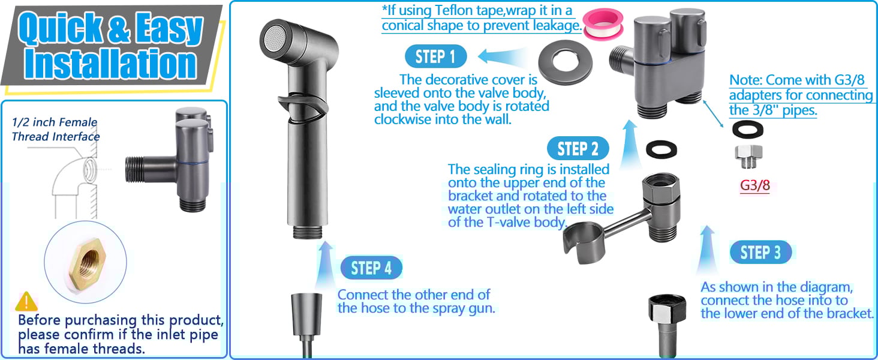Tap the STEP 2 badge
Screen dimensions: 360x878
point(578,149)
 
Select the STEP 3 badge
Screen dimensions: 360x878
point(760,253)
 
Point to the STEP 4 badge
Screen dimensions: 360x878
point(371,268)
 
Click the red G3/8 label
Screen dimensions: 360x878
point(754,185)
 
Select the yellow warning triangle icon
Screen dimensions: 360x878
point(26,301)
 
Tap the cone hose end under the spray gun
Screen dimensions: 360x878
point(304,312)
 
